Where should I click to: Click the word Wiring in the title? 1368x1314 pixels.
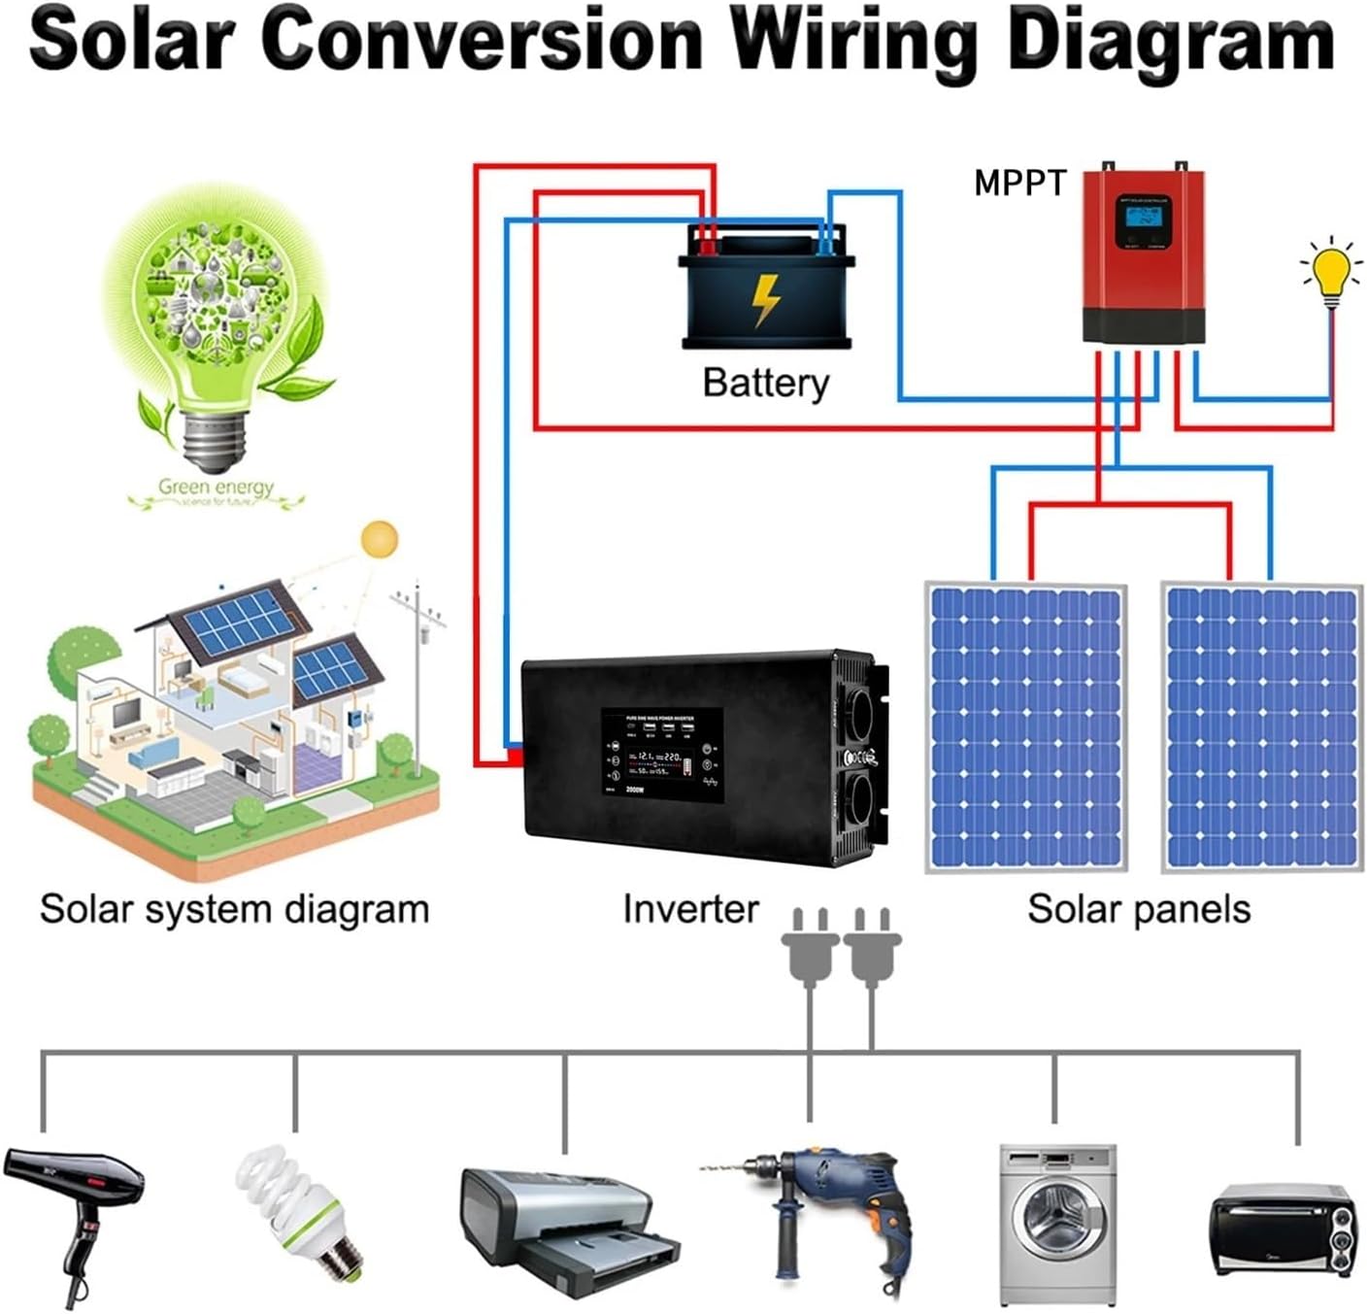click(854, 41)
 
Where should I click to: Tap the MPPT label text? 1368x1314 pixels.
click(1019, 183)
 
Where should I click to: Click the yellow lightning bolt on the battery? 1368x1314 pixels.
click(766, 298)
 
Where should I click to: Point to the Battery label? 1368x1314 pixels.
click(766, 383)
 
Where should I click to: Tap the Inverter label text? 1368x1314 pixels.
click(690, 909)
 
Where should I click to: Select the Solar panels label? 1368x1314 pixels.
click(1139, 909)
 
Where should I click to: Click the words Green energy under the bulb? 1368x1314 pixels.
click(217, 487)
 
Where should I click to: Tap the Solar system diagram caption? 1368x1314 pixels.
click(234, 909)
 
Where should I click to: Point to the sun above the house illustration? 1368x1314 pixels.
click(379, 540)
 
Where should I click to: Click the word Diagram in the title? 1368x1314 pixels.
click(1170, 41)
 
